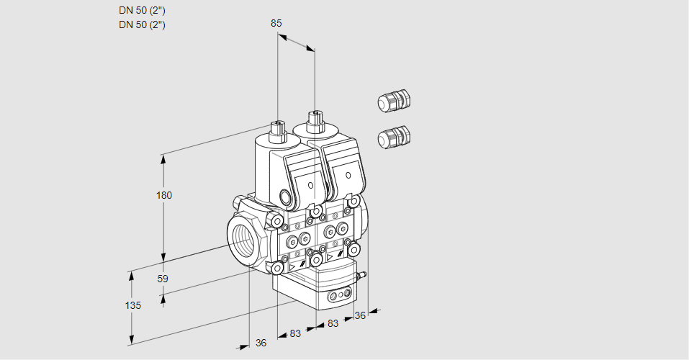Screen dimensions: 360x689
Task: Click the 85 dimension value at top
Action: pyautogui.click(x=276, y=23)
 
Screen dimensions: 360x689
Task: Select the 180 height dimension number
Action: pyautogui.click(x=165, y=195)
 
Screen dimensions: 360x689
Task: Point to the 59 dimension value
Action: pyautogui.click(x=163, y=279)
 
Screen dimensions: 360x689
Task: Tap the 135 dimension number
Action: pyautogui.click(x=132, y=305)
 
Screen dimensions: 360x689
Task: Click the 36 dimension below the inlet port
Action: pyautogui.click(x=261, y=343)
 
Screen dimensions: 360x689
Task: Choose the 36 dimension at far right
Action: pyautogui.click(x=360, y=315)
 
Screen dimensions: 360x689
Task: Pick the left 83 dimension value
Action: pyautogui.click(x=295, y=333)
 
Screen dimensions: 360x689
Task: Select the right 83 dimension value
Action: pyautogui.click(x=333, y=324)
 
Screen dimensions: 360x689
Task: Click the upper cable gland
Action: pyautogui.click(x=393, y=101)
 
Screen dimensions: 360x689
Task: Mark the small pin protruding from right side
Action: pyautogui.click(x=364, y=274)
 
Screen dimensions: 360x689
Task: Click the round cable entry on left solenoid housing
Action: pyautogui.click(x=286, y=198)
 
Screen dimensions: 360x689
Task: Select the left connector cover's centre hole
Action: pyautogui.click(x=310, y=185)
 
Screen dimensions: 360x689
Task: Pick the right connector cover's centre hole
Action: pyautogui.click(x=348, y=175)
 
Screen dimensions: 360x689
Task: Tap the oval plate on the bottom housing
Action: pyautogui.click(x=339, y=295)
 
